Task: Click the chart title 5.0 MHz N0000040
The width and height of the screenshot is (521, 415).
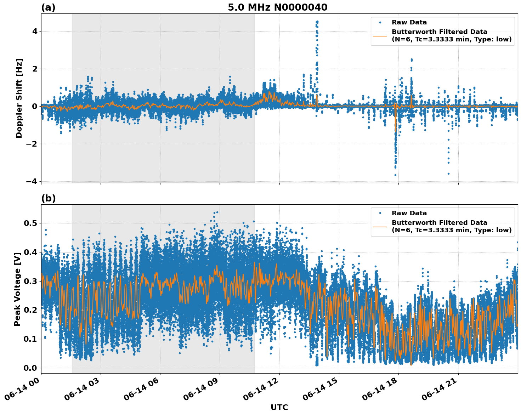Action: pyautogui.click(x=277, y=7)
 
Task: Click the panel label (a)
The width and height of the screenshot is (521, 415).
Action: pyautogui.click(x=48, y=7)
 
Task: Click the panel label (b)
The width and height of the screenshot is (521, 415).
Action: pyautogui.click(x=48, y=198)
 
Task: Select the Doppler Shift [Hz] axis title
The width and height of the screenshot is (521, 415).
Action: pyautogui.click(x=19, y=98)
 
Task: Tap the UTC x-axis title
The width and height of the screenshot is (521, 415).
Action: pyautogui.click(x=279, y=407)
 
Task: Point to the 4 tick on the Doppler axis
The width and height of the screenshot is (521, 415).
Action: pyautogui.click(x=35, y=32)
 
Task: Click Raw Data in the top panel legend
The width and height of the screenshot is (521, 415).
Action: pyautogui.click(x=409, y=22)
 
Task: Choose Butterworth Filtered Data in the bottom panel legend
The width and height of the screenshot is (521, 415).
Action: pyautogui.click(x=439, y=223)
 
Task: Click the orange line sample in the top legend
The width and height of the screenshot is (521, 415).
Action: pyautogui.click(x=380, y=36)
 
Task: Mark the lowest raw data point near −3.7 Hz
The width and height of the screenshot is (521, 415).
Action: pyautogui.click(x=395, y=175)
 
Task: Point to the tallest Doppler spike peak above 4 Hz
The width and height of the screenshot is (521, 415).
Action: pyautogui.click(x=317, y=22)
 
